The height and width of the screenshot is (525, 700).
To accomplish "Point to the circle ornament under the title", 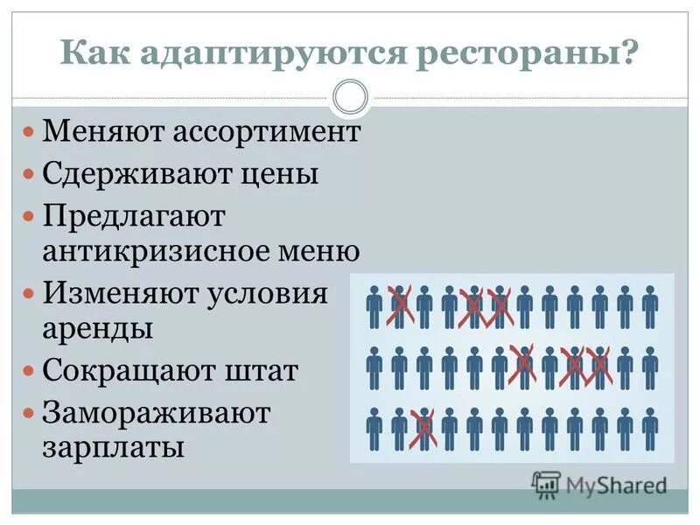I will (351, 97).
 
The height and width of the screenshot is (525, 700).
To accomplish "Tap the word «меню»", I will (324, 252).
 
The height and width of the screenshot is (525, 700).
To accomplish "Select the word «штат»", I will (266, 371).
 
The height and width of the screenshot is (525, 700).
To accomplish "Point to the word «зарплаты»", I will (113, 447).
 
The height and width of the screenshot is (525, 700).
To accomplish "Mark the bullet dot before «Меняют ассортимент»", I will (29, 134).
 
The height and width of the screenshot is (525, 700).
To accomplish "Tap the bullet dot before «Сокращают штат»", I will (29, 372).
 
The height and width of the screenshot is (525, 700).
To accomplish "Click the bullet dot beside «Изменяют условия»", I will (29, 292).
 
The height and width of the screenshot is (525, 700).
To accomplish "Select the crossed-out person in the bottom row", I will (423, 429).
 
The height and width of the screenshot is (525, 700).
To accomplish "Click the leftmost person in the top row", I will (374, 306).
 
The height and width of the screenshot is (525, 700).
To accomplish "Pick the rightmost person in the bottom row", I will (649, 429).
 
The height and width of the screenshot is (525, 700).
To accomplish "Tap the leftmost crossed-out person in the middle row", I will (523, 367).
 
